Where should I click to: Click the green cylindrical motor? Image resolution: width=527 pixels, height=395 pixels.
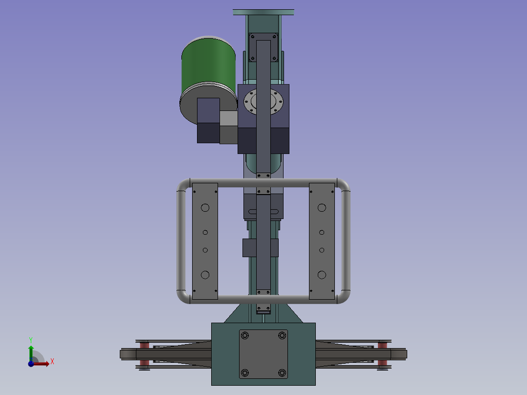(x=208, y=67)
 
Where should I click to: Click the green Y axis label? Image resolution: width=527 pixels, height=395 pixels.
(x=31, y=340)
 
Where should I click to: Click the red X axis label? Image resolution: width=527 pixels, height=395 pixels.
(x=52, y=362)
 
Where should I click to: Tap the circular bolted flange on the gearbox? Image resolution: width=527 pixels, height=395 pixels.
(x=263, y=101)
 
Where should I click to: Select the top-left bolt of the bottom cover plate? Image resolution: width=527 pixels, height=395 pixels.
(x=245, y=335)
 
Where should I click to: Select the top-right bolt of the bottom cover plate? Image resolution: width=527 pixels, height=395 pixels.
(x=282, y=335)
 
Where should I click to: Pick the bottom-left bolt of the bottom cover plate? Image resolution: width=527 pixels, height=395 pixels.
(x=245, y=373)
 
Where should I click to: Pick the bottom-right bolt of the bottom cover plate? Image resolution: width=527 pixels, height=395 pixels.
(x=282, y=373)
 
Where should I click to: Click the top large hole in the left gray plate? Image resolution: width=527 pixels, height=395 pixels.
(x=205, y=208)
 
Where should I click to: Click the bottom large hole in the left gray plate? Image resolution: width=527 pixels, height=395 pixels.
(x=205, y=275)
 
